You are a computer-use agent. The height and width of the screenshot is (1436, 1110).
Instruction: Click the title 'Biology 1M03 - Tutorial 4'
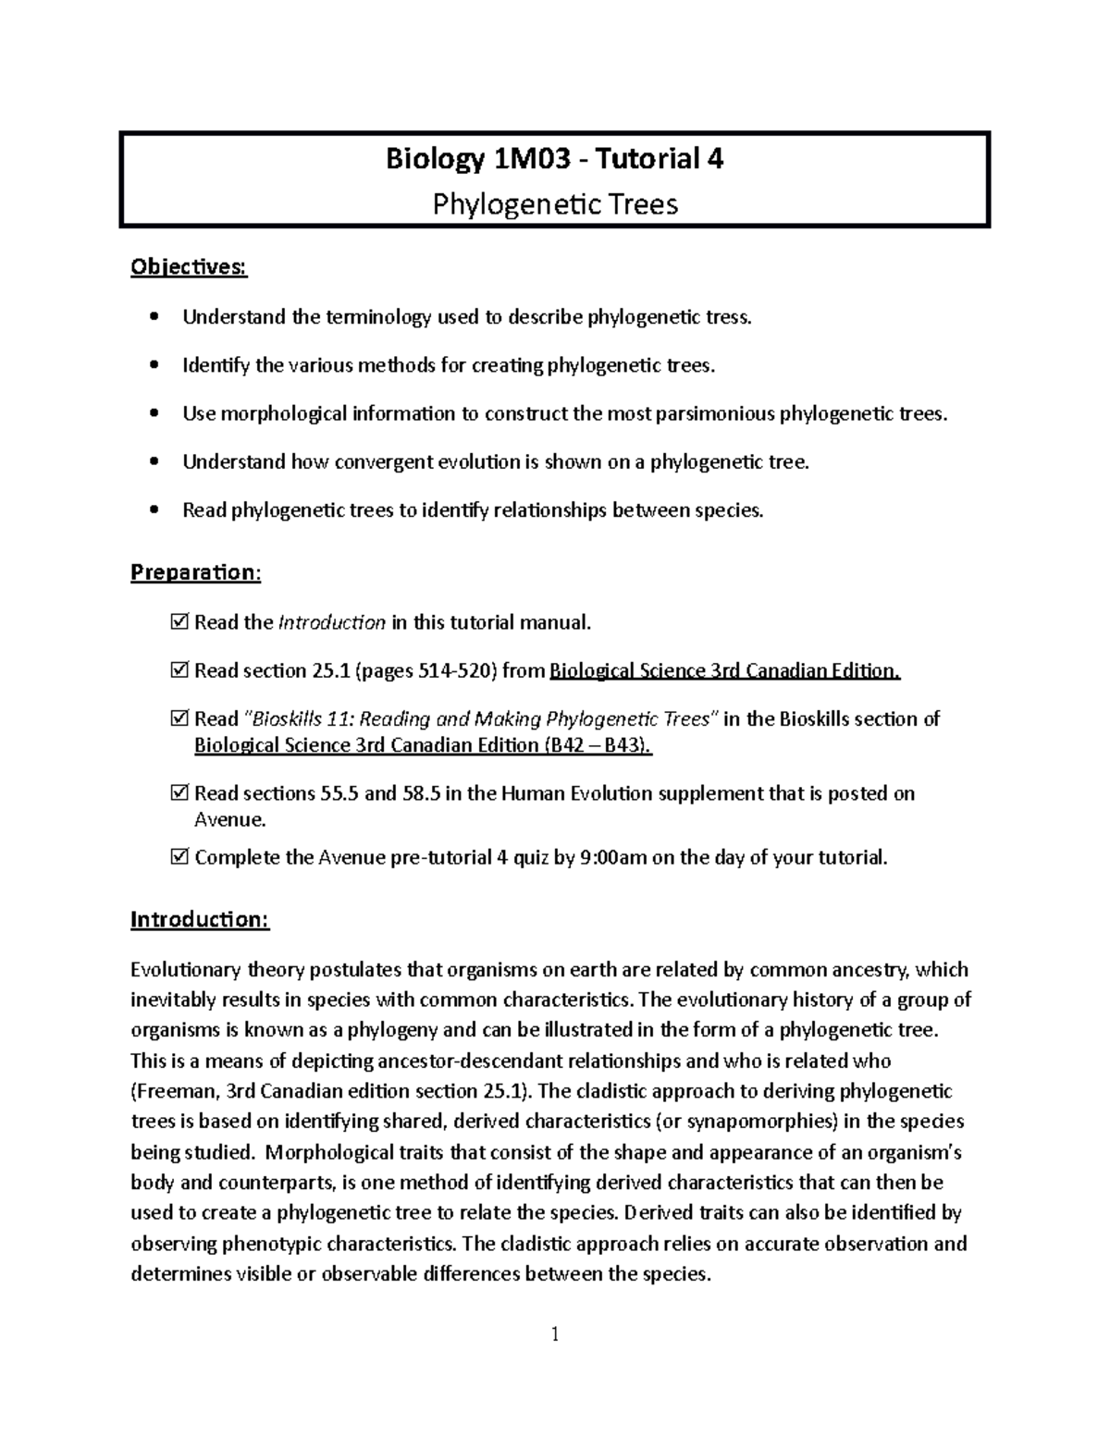click(554, 159)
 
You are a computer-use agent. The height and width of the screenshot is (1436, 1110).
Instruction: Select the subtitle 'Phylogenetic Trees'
click(555, 203)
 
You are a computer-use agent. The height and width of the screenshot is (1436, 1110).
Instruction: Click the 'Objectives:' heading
click(189, 267)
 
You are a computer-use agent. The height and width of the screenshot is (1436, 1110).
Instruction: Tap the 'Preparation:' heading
click(195, 572)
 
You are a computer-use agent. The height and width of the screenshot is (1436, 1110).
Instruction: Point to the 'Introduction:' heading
click(200, 919)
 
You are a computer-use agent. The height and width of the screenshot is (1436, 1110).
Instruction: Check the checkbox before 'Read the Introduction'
click(179, 622)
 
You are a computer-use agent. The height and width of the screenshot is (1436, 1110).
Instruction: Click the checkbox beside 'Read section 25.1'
click(179, 670)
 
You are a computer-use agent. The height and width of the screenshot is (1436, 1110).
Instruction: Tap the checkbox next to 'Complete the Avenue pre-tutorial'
click(179, 857)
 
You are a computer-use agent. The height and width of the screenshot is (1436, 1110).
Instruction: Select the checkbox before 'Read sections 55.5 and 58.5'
click(179, 793)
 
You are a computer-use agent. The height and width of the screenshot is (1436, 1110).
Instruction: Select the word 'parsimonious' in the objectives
click(716, 413)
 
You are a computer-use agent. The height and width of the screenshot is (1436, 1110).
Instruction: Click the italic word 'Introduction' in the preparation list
click(331, 622)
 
